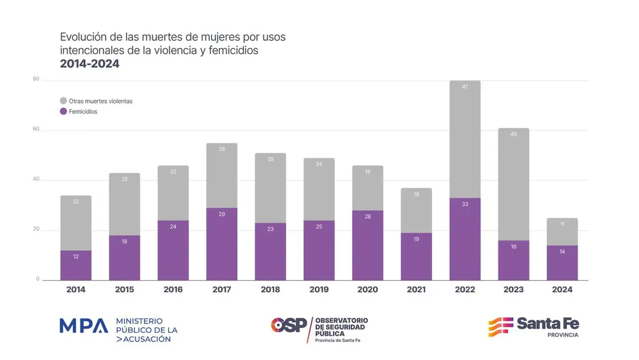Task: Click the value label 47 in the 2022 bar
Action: tap(465, 86)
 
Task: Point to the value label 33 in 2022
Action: tap(465, 204)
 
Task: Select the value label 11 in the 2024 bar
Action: tap(562, 224)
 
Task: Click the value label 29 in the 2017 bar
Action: tap(222, 214)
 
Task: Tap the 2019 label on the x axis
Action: tap(319, 290)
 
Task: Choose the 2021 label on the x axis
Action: tap(416, 290)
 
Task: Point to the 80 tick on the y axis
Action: tap(36, 79)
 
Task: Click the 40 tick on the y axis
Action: tap(36, 180)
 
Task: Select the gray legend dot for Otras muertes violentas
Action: tap(63, 101)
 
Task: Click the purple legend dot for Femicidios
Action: tap(63, 111)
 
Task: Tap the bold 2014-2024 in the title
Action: tap(89, 64)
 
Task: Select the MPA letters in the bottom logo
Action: tap(84, 326)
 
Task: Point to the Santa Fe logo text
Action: tap(548, 324)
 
